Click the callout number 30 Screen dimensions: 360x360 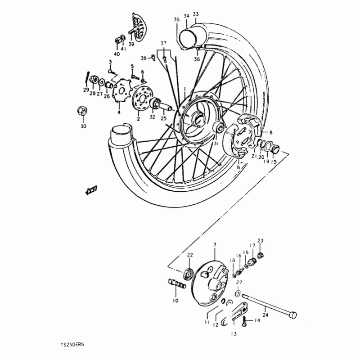(83, 126)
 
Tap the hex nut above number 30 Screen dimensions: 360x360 (82, 110)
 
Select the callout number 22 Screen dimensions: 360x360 (190, 255)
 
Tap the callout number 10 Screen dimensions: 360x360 (175, 300)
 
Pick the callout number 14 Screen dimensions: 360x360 (257, 320)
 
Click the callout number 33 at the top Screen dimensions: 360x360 (195, 14)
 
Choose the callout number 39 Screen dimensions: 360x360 (131, 44)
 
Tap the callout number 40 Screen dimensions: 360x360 (117, 54)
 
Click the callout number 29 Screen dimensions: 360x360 (85, 90)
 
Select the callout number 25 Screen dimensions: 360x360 (163, 118)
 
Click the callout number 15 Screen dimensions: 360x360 (274, 162)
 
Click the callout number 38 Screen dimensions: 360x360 (143, 58)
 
